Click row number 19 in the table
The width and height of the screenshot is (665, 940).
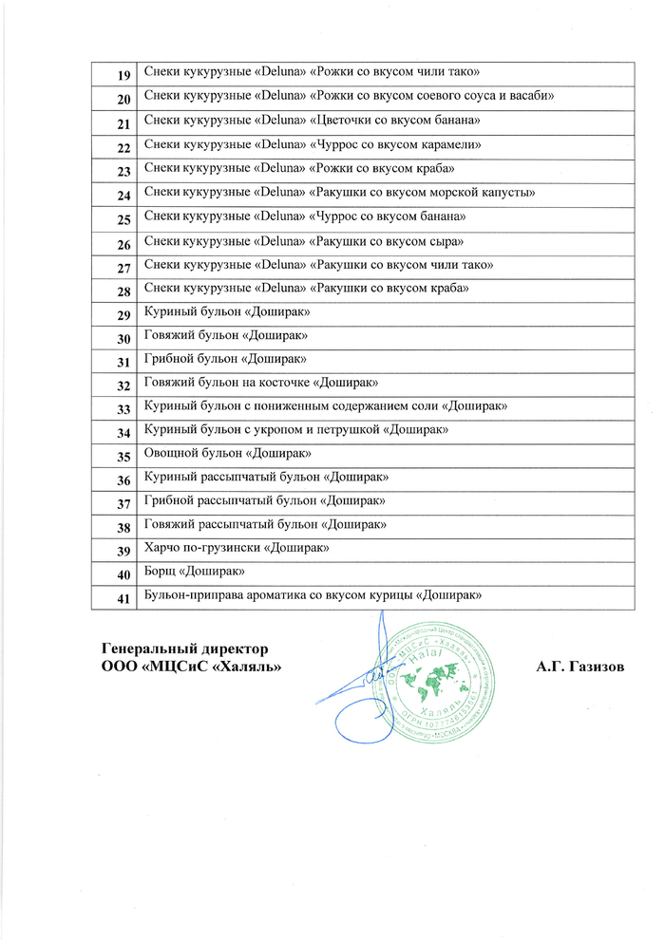click(123, 75)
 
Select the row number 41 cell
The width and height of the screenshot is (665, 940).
click(123, 597)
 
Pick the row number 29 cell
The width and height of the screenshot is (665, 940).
click(123, 314)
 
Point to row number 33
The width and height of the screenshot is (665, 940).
click(123, 409)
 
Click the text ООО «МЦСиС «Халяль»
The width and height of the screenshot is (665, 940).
click(195, 667)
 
